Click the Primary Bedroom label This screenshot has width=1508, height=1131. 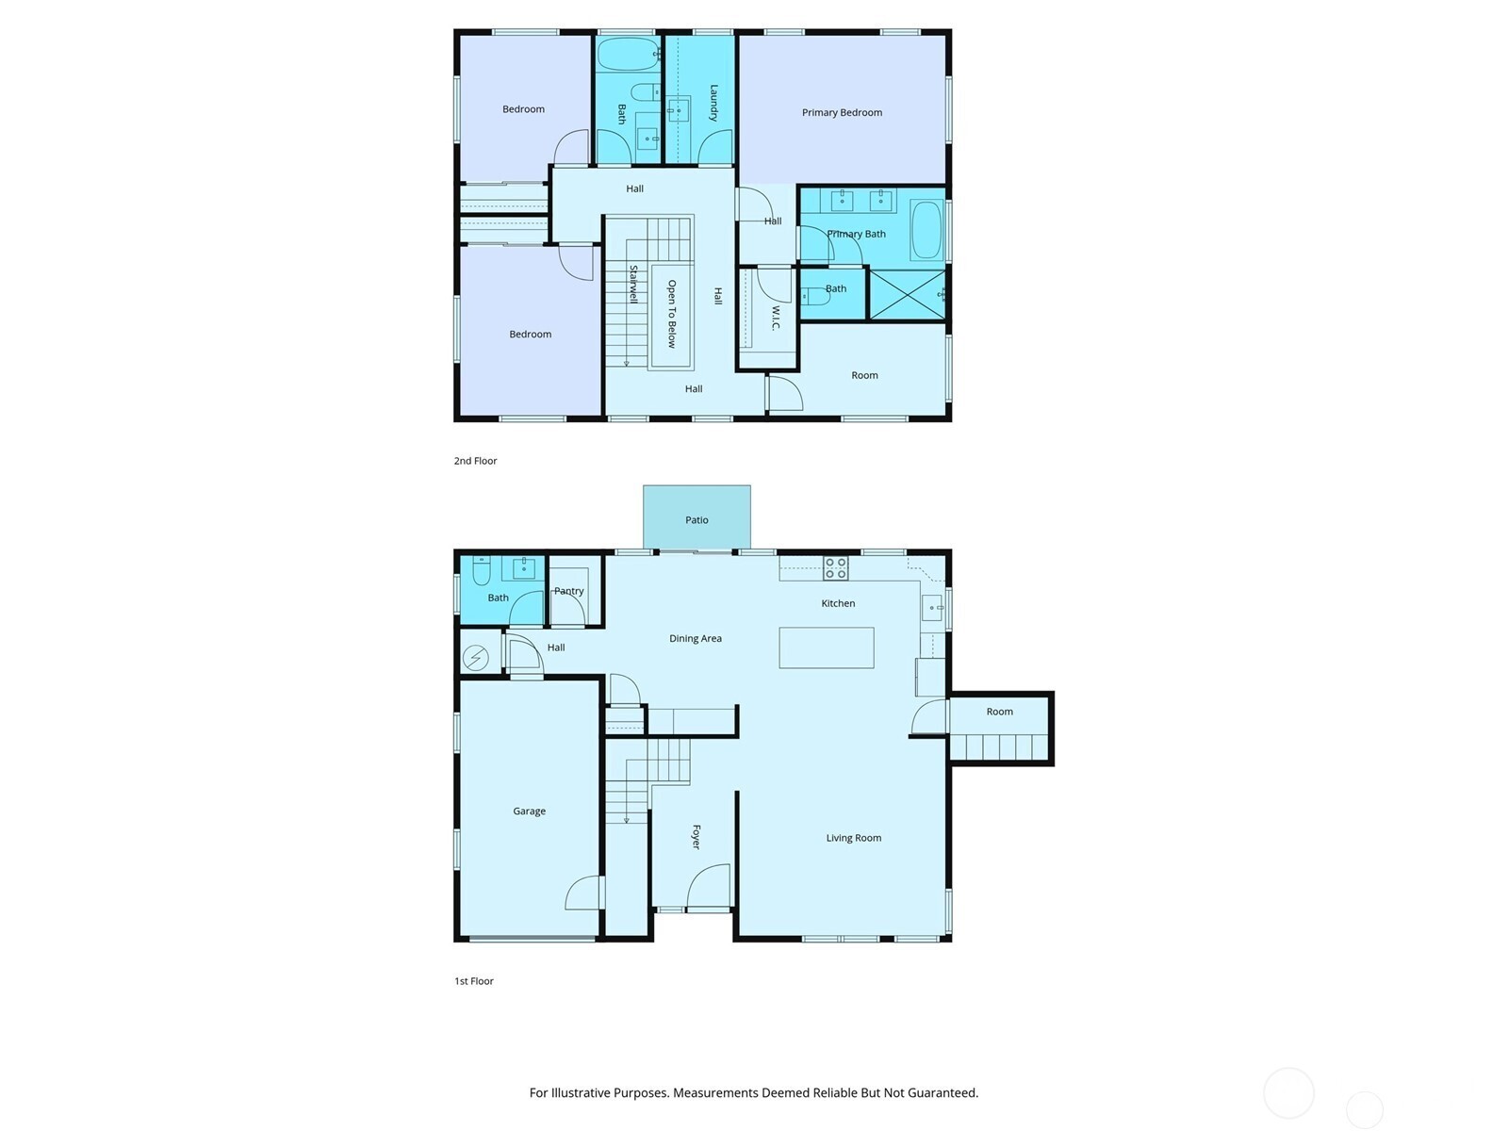(842, 112)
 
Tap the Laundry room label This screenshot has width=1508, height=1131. (713, 103)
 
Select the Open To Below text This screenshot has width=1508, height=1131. (672, 314)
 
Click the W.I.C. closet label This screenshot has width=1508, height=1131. (776, 318)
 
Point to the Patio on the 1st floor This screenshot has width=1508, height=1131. (697, 518)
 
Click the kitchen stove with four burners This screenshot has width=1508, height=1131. (836, 567)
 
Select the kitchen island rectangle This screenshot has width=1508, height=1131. (826, 647)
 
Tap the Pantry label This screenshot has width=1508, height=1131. (568, 591)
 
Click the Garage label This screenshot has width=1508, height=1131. (529, 811)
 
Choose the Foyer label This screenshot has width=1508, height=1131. (697, 837)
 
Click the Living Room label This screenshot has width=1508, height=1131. (853, 837)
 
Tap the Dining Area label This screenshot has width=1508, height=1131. (695, 638)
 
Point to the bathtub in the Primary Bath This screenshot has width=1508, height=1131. (926, 230)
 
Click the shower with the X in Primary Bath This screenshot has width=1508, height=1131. (906, 295)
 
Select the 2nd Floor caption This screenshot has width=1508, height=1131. (475, 461)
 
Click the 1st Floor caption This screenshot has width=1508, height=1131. (474, 981)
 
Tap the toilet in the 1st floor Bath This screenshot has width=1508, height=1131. (482, 570)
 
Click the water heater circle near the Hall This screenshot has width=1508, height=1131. (476, 657)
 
